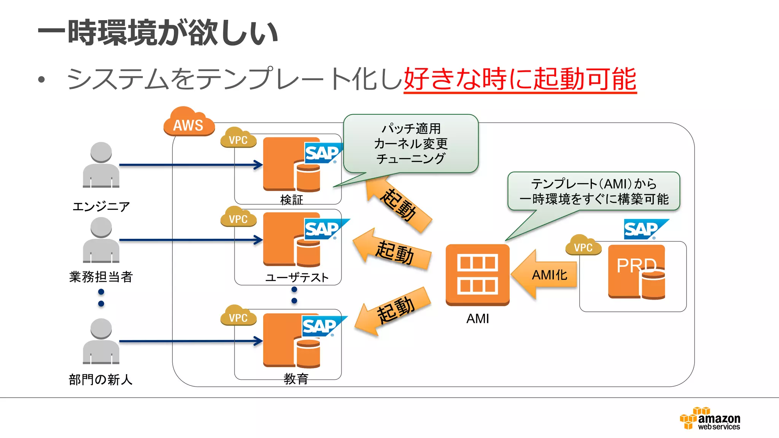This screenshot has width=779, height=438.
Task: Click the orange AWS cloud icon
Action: (x=189, y=122)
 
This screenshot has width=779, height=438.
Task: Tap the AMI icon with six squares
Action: (x=477, y=275)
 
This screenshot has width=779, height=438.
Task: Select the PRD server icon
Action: (x=636, y=271)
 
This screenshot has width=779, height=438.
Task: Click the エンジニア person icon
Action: (x=101, y=165)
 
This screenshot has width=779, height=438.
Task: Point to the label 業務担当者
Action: (x=101, y=277)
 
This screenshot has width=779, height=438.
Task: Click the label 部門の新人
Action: (x=101, y=379)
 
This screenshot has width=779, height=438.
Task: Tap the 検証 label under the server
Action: (x=291, y=200)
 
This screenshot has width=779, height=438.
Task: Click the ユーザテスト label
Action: (x=297, y=278)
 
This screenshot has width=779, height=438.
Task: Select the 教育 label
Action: (x=296, y=379)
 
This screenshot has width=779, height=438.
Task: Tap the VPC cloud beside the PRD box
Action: (x=583, y=246)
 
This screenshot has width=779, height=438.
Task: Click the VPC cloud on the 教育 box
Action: (x=238, y=316)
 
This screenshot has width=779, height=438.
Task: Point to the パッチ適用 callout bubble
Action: (x=411, y=144)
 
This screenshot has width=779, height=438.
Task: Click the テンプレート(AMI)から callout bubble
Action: (x=593, y=191)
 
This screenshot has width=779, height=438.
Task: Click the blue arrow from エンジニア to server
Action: (x=190, y=165)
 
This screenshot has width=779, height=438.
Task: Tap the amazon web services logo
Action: (x=711, y=419)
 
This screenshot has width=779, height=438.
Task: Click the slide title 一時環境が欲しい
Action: (x=158, y=33)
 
